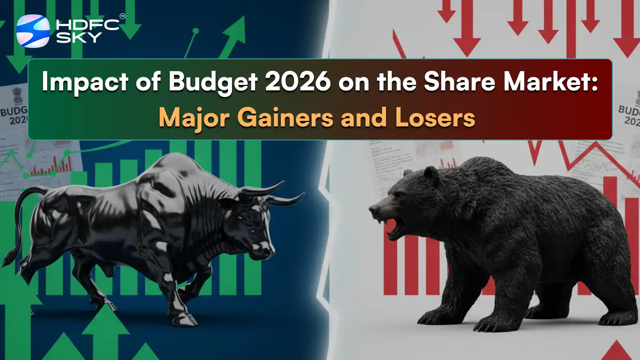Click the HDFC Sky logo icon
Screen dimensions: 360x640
pos(33,31)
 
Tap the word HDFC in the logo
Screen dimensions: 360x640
pos(88,25)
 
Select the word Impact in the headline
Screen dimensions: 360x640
pos(84,82)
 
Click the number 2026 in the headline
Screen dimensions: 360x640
pos(298,81)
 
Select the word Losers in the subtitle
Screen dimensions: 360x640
pos(435,118)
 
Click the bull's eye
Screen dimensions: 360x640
pos(251,218)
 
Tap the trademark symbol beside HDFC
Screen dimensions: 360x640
pos(122,16)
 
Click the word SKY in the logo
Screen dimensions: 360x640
pos(79,38)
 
